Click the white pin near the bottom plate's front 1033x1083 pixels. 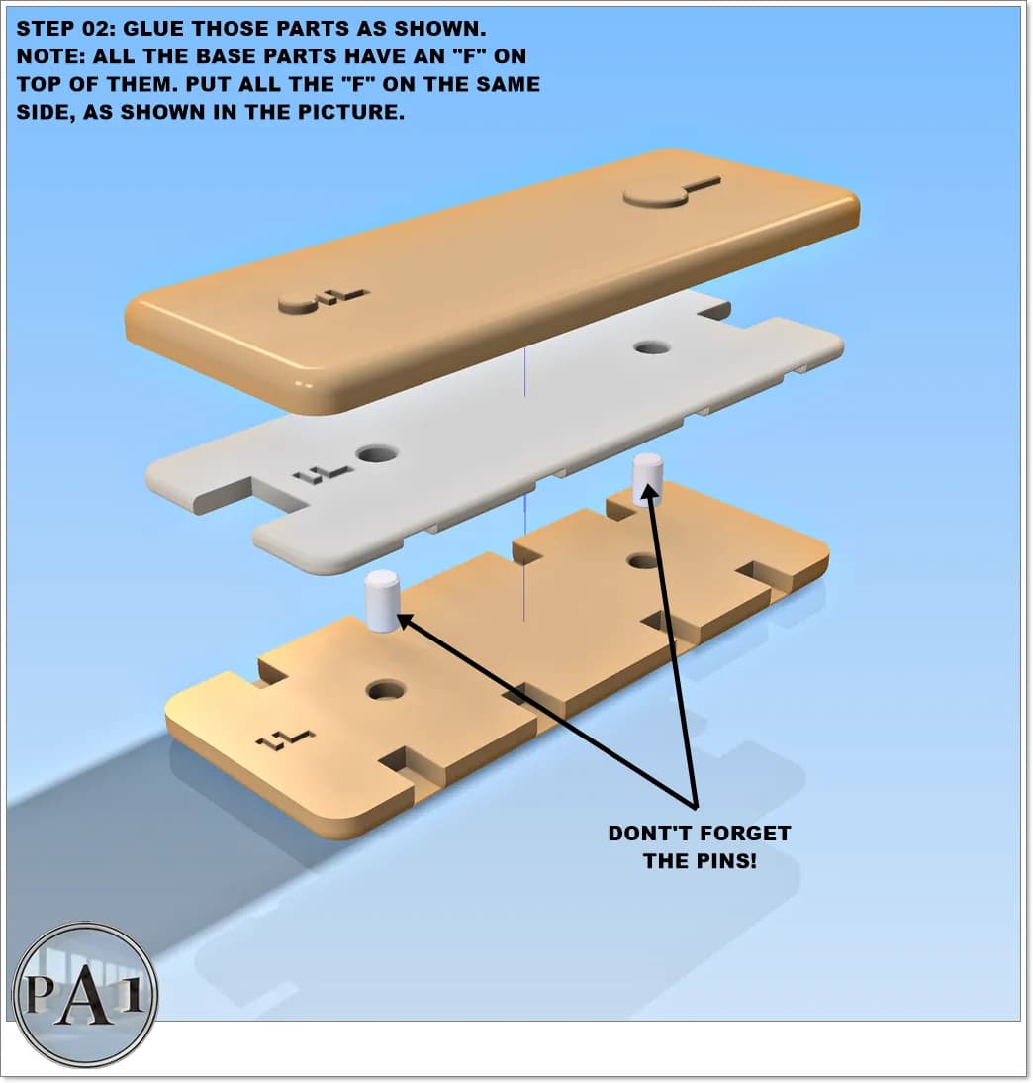[x=383, y=601]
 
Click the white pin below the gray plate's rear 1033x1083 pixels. [x=648, y=479]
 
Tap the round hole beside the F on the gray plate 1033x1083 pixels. [x=377, y=454]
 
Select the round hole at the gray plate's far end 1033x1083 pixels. [x=652, y=346]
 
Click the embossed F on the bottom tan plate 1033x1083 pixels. [x=286, y=739]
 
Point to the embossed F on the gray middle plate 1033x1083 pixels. [x=324, y=474]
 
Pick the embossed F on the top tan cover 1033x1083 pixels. [x=343, y=296]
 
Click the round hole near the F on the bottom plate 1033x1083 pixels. [x=386, y=689]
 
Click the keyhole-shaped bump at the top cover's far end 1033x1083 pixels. [x=670, y=192]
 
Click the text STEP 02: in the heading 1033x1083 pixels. [x=66, y=29]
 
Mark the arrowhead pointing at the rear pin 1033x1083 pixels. [x=648, y=492]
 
